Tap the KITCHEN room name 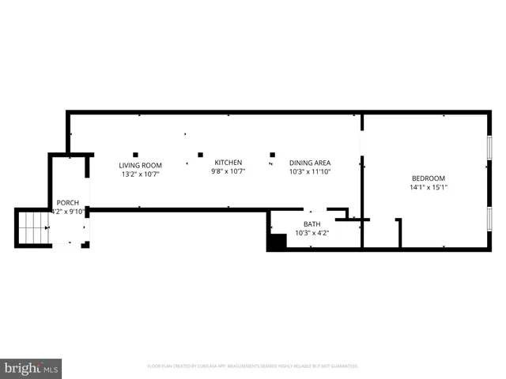coord(228,163)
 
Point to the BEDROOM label coord(428,178)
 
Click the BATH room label coord(312,224)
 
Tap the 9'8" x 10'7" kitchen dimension coord(228,171)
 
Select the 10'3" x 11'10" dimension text coord(309,171)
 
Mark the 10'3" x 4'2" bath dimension coord(312,233)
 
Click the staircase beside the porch coord(32,227)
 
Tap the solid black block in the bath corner coord(276,242)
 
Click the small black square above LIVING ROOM coord(136,154)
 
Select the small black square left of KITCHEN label coord(200,155)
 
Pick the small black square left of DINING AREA coord(272,155)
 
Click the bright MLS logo coord(32,368)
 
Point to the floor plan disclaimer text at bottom coord(253,366)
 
